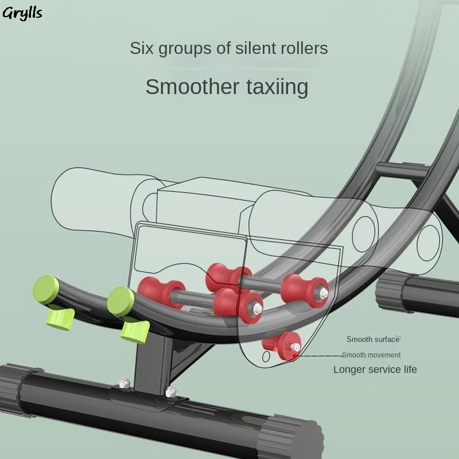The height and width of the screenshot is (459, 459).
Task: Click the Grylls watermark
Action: (x=22, y=13)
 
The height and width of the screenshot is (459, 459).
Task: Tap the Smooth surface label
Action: (x=372, y=340)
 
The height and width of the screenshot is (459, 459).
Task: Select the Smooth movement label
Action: (x=371, y=355)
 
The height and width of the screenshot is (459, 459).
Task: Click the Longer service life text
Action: (x=375, y=369)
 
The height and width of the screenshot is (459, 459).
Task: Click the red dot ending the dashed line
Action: (x=295, y=356)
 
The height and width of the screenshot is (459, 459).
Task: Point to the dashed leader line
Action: (x=319, y=356)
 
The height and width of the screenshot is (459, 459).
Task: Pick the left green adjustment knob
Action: (x=60, y=316)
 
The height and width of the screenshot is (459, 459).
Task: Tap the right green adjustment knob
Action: (x=135, y=330)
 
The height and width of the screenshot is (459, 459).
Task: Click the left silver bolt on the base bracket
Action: (x=123, y=381)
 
